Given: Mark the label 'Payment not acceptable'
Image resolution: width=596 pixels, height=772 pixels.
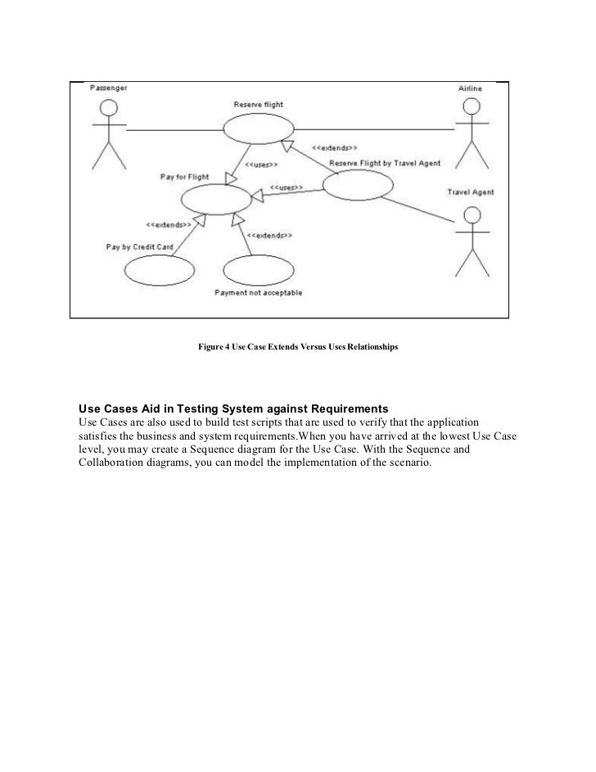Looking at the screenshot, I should [258, 292].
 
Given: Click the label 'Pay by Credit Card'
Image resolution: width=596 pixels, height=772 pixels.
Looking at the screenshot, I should [139, 246].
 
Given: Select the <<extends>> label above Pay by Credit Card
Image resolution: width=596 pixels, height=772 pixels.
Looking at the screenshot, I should [169, 224].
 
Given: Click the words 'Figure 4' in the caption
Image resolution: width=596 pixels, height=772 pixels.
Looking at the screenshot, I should [212, 348].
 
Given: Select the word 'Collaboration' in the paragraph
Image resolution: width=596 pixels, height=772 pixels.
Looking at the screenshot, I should [112, 462].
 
